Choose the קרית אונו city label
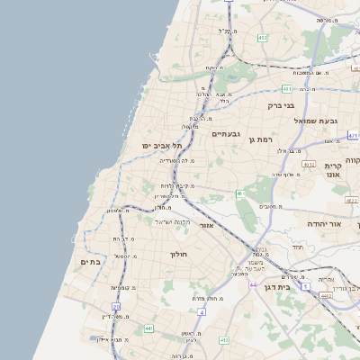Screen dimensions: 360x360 pos(335,171)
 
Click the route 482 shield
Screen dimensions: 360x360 pos(262,38)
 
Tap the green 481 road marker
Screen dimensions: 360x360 pos(285,89)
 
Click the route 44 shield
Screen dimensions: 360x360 pos(256,285)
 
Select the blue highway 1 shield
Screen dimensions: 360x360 pos(306,285)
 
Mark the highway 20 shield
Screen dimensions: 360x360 pos(117,307)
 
